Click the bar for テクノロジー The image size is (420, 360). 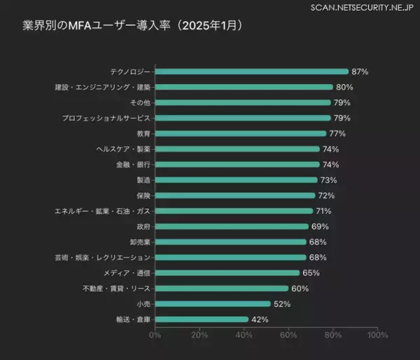(251, 71)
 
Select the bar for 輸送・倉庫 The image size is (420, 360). (202, 319)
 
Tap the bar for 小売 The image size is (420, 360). (213, 304)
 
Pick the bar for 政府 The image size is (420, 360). (232, 226)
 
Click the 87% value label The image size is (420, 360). (360, 71)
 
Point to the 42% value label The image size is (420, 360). (260, 319)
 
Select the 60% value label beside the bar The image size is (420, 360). (300, 289)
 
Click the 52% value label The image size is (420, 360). (282, 304)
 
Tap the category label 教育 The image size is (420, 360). (143, 134)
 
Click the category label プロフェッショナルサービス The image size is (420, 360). (106, 118)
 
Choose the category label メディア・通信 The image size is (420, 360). (127, 273)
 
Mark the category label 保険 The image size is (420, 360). (143, 195)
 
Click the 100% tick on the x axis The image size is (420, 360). (377, 335)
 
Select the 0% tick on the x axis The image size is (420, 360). (155, 335)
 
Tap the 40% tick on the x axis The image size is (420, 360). (244, 335)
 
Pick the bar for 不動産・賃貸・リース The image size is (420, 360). (222, 289)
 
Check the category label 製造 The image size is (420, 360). (143, 180)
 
